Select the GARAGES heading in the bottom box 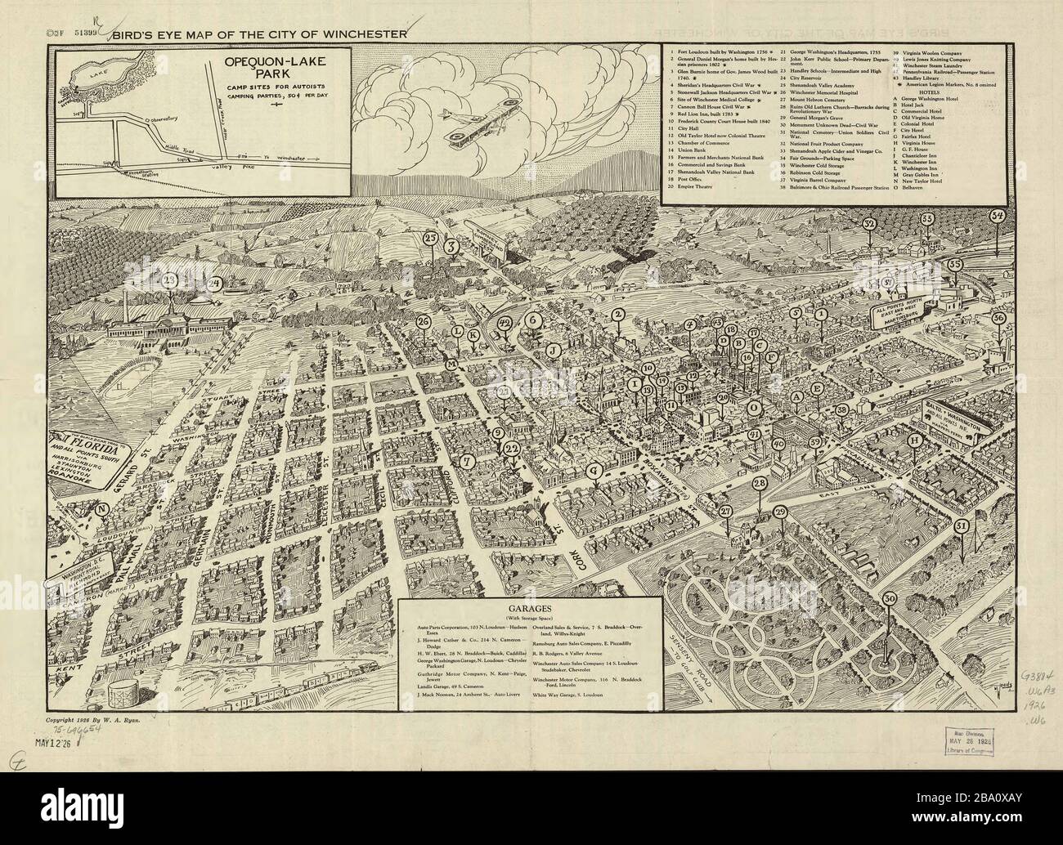tap(531, 609)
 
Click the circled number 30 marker tap(890, 598)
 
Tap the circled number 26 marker tap(423, 322)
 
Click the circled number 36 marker tap(998, 318)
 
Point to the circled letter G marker tap(594, 471)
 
